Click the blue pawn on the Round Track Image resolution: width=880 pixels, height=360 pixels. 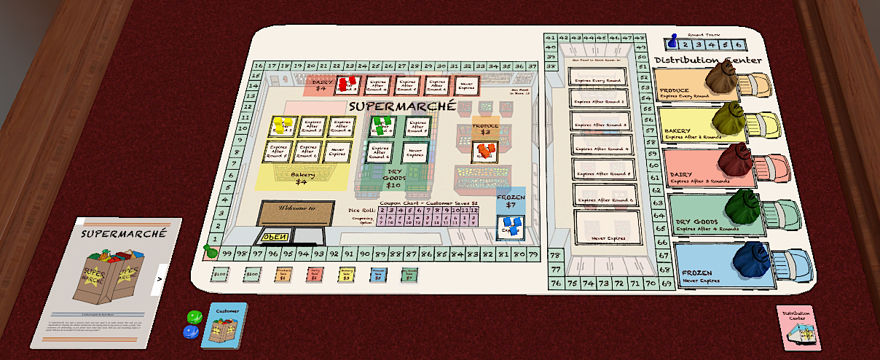[672, 42]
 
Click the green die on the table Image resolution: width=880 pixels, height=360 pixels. [194, 318]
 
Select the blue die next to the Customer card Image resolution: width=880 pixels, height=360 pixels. [191, 332]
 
